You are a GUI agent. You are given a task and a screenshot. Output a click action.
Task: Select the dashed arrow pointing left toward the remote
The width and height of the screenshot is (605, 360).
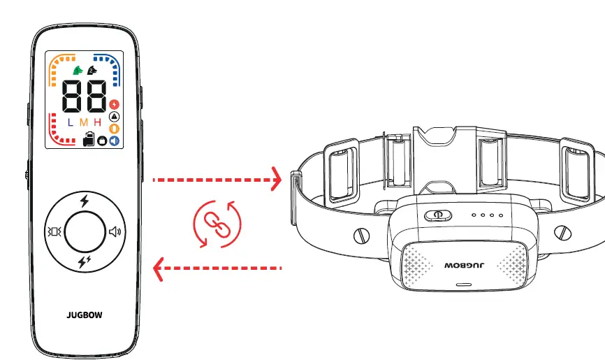point(217,267)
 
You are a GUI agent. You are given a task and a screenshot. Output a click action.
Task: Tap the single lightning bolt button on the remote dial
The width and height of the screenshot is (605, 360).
point(85,202)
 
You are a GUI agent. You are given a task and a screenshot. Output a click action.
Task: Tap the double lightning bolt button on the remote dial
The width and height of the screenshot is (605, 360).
point(85,262)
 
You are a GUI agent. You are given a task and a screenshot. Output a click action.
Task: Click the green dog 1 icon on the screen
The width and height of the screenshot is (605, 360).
point(76,71)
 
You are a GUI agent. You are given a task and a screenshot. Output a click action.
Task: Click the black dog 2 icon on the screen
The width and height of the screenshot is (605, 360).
point(91,71)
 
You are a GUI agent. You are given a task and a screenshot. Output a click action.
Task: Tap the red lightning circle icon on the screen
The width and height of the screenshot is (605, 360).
point(115,104)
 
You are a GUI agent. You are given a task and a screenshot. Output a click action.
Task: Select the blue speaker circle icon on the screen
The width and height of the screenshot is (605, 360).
point(115,141)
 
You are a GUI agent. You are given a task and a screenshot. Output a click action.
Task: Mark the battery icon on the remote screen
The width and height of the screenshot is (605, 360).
point(88,139)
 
